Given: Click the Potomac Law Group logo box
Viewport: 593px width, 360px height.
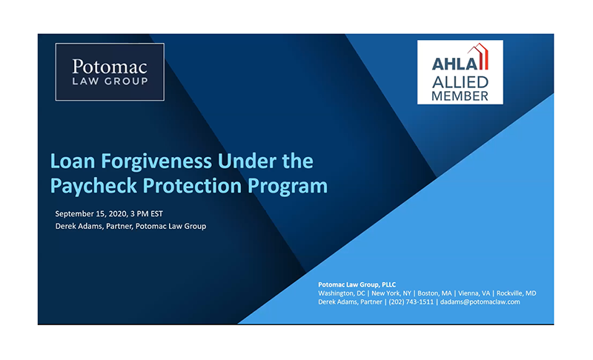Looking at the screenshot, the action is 110,72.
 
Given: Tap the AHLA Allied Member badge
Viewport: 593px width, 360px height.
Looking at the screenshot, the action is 460,72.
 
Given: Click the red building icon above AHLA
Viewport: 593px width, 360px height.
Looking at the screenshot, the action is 478,56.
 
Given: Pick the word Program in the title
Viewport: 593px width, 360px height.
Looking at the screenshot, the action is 288,186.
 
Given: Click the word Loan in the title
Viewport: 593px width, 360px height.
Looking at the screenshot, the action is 72,161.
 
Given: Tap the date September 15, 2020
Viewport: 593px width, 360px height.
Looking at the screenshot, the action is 90,214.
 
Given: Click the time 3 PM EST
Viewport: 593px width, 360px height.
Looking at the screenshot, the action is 147,214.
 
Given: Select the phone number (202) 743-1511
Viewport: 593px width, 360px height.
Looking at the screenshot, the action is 411,301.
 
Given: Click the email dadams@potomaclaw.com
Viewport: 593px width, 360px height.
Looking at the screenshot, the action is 480,301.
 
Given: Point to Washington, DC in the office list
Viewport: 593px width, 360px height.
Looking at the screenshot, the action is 342,293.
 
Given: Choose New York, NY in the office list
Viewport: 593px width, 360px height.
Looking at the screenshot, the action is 391,293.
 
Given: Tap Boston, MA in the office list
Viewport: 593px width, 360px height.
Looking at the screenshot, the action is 434,293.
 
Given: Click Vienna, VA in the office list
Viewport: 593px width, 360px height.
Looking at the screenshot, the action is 474,293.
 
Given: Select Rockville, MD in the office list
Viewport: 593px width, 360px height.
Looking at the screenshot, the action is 516,293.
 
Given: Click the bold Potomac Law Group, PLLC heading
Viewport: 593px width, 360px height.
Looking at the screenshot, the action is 357,285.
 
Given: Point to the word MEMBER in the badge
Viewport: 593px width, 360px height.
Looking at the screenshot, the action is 460,96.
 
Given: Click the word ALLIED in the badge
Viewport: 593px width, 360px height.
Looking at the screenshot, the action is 460,82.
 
